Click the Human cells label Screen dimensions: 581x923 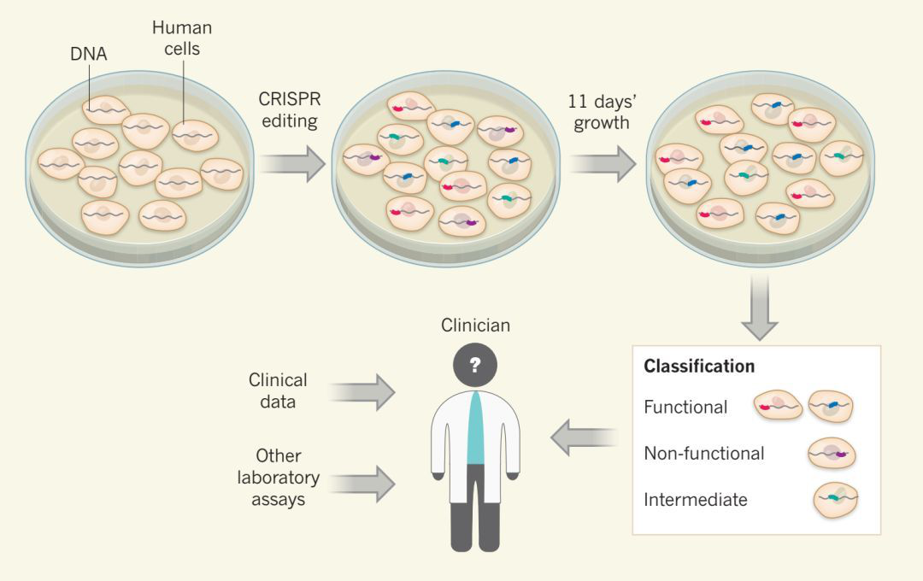[x=181, y=38]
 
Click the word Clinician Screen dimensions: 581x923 [x=474, y=326]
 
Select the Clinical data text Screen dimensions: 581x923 [x=278, y=390]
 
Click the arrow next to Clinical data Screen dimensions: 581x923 [x=362, y=391]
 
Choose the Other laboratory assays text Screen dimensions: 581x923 [x=278, y=478]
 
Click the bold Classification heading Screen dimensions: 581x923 [x=699, y=367]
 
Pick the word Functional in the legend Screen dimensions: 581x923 [x=685, y=407]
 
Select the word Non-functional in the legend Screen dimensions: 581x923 [x=703, y=453]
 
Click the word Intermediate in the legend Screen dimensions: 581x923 [x=695, y=500]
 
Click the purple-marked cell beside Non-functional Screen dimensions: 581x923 [x=832, y=454]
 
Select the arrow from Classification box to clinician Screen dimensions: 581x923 [x=584, y=437]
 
